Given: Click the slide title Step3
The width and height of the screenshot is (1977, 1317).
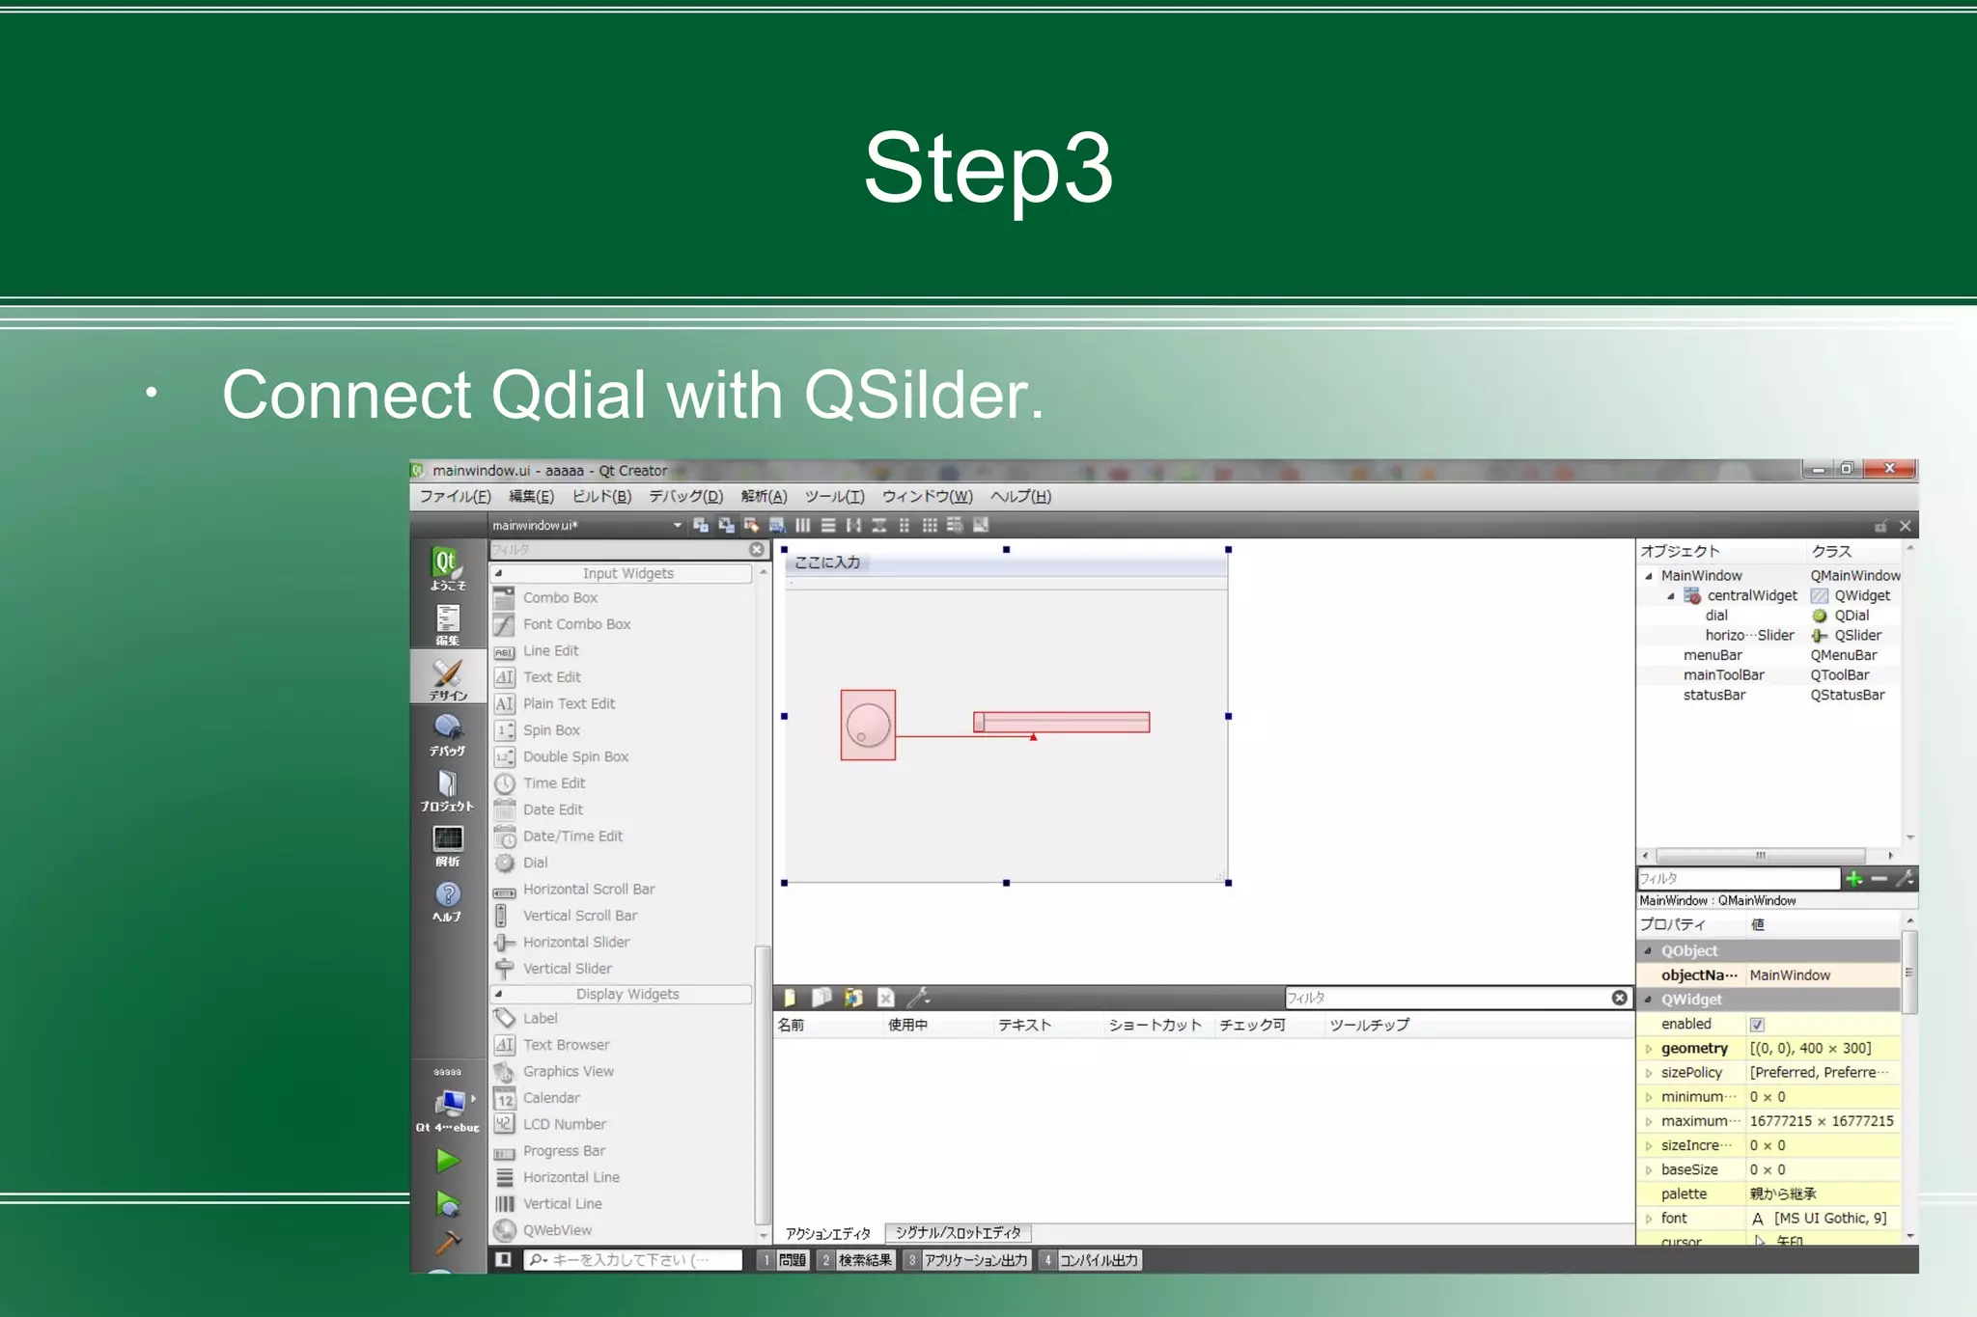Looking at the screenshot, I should [988, 170].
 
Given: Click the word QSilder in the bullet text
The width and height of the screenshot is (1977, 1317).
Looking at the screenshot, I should [923, 396].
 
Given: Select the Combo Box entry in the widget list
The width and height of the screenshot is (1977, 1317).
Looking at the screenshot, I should [560, 598].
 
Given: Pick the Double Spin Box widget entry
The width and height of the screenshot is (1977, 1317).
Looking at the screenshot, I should [575, 757].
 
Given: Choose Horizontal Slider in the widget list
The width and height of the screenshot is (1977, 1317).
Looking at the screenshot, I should [575, 943].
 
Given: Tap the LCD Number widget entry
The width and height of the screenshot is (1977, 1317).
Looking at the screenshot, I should [565, 1125].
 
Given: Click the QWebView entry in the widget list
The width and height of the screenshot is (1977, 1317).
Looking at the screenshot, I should [557, 1231].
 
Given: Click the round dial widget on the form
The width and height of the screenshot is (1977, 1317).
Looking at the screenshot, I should [868, 726].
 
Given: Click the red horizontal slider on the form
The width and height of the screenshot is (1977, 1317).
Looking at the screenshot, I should [1062, 722].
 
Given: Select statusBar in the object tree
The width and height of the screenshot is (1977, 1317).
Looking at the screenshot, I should [1714, 696].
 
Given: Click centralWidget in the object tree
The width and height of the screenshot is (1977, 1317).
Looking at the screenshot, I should [1751, 596].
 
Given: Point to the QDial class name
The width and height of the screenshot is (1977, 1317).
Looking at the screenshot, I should [1851, 616].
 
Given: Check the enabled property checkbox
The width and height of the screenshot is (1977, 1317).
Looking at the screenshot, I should [1757, 1025].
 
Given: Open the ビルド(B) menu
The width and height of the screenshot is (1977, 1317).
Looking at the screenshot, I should [601, 497].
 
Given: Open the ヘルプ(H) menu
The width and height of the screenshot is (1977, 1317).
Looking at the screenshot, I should [1020, 497].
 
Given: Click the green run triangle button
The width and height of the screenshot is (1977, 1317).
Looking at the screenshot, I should [447, 1161].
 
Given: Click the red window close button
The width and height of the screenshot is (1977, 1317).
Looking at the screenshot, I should [1889, 469].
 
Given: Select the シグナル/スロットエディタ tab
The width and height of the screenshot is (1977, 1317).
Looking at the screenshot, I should [958, 1233].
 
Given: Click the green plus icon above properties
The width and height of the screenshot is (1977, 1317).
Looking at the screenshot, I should [1853, 879].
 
